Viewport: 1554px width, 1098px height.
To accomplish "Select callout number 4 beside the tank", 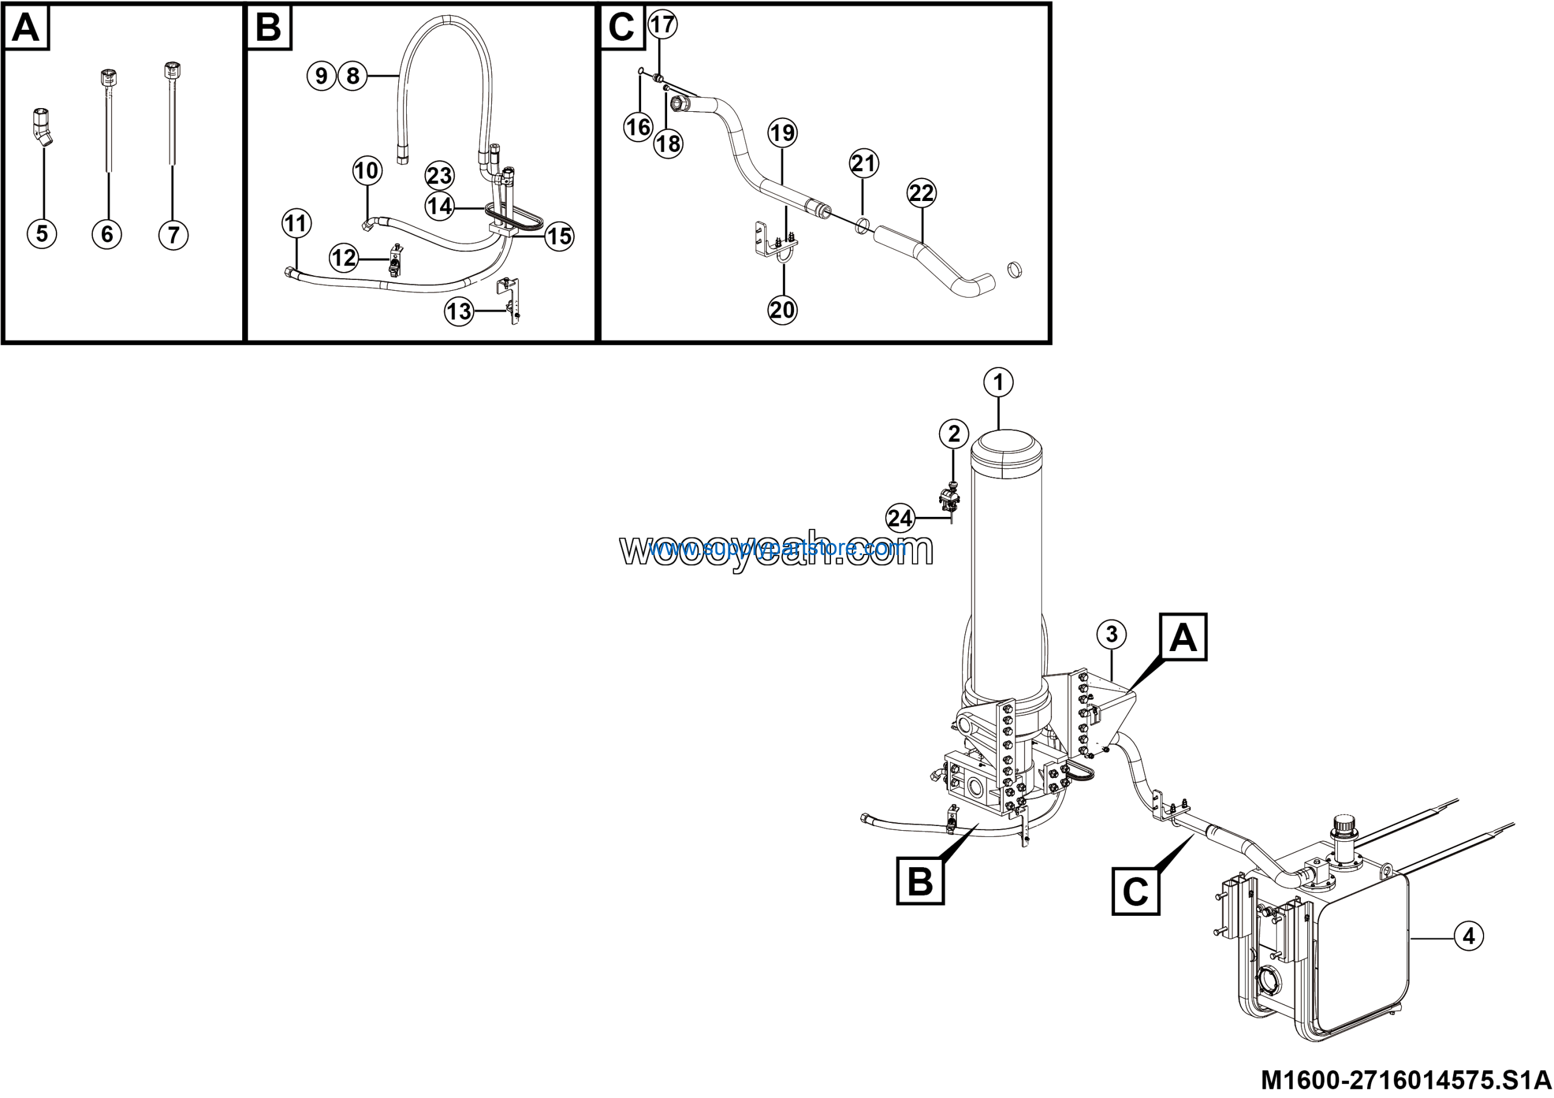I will coord(1468,936).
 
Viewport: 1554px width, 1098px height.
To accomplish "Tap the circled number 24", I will coord(900,519).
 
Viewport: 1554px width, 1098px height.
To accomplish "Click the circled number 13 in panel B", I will coord(459,312).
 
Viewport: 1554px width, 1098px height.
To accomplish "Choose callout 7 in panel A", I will coord(173,235).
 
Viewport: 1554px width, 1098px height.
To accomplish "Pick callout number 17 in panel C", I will coord(663,24).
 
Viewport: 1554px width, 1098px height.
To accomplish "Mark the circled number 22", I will coord(921,193).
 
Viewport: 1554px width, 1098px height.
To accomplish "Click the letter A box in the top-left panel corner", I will coord(26,28).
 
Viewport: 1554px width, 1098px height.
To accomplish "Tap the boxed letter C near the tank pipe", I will coord(1135,892).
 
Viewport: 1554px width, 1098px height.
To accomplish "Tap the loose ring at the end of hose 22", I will coord(1013,270).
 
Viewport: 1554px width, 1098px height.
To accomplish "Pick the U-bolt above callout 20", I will coord(784,258).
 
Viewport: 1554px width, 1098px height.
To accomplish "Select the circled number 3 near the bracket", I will coord(1111,634).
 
